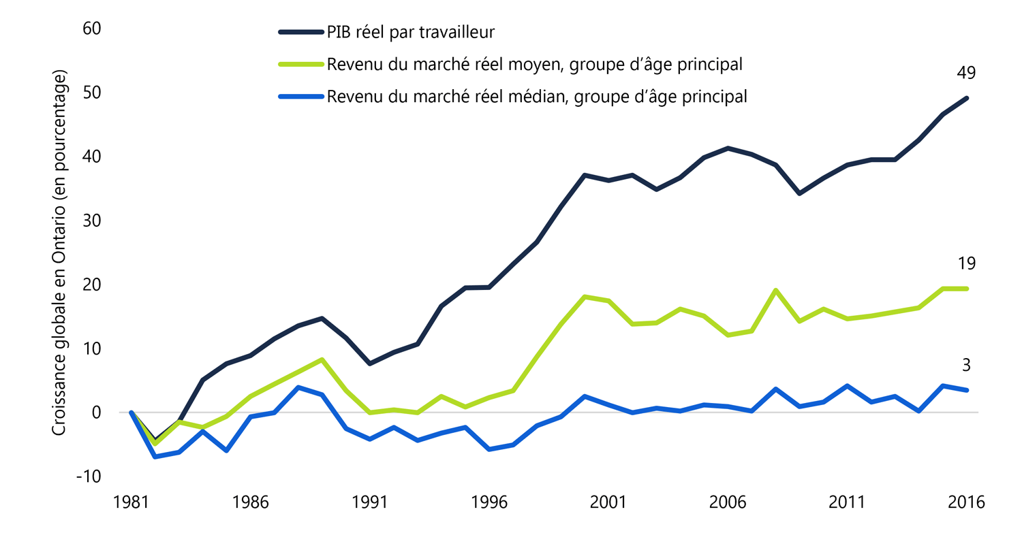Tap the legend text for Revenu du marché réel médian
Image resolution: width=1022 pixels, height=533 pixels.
(x=537, y=97)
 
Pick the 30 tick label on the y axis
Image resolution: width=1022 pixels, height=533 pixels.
(x=91, y=221)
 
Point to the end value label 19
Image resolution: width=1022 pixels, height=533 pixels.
(x=966, y=263)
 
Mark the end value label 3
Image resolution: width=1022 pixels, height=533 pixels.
(x=966, y=366)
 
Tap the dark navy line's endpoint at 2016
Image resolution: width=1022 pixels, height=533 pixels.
(x=966, y=98)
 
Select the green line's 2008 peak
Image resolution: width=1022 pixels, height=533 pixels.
(x=775, y=290)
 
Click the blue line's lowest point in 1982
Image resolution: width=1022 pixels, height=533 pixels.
(x=155, y=457)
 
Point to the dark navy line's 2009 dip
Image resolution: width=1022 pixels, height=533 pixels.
(x=799, y=194)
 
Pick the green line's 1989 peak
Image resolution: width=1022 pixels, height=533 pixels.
(x=322, y=359)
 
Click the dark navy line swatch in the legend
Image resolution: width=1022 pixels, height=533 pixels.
(x=300, y=31)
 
